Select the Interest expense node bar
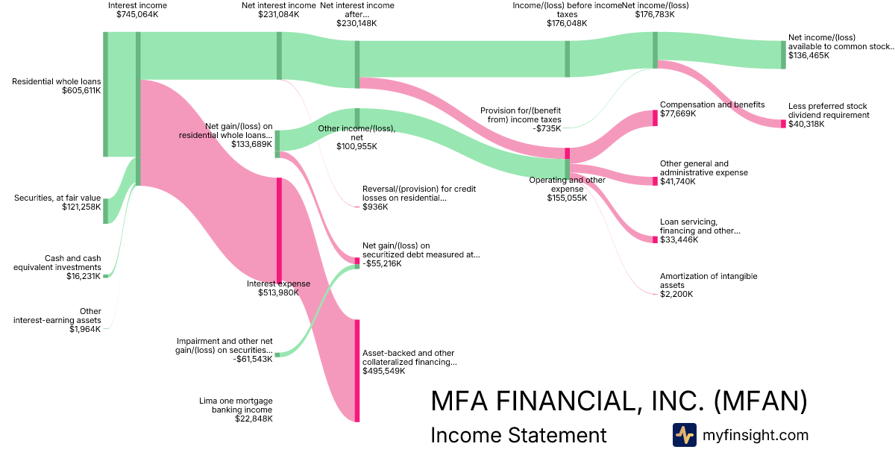(279, 230)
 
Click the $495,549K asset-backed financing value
(383, 371)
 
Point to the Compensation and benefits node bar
(655, 118)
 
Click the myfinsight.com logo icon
(684, 435)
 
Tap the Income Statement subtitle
(518, 435)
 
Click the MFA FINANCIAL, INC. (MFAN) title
(619, 401)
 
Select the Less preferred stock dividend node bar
(783, 124)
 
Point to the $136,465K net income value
(808, 55)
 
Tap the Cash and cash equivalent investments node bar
(105, 276)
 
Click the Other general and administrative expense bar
(655, 181)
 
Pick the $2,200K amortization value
(676, 294)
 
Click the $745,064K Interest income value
(137, 14)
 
